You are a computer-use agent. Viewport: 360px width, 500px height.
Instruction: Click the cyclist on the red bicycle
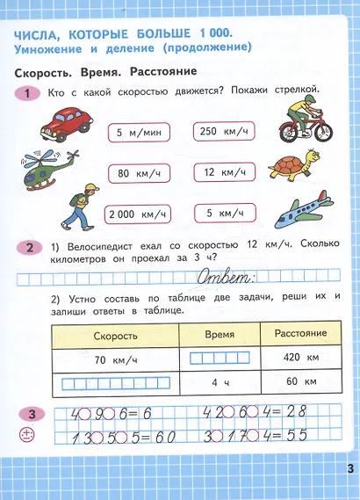click(x=302, y=120)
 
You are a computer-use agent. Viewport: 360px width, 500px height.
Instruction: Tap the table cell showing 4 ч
click(x=220, y=383)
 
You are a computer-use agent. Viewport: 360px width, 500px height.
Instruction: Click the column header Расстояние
click(x=300, y=334)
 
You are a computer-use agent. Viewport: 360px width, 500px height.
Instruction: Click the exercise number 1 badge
click(x=31, y=93)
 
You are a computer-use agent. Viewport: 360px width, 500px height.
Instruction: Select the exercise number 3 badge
click(x=31, y=415)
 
